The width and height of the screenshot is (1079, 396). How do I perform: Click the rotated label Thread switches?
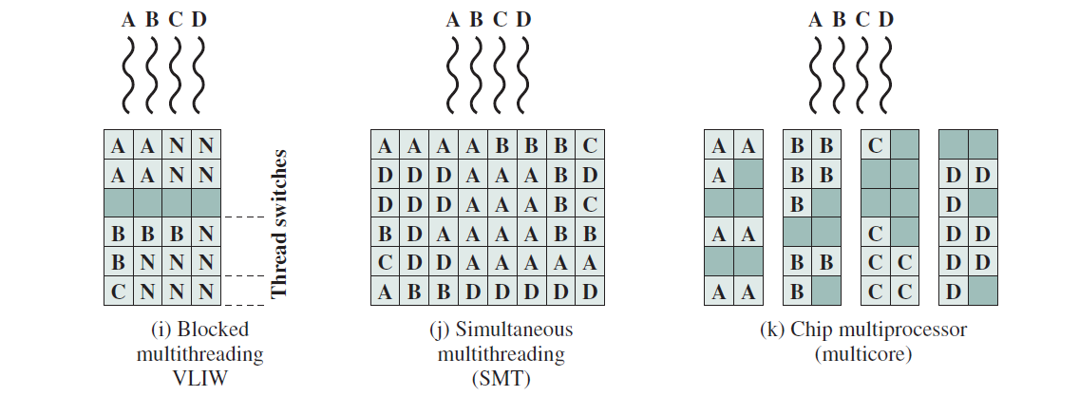(x=278, y=224)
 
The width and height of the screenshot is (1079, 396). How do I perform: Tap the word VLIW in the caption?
(x=200, y=377)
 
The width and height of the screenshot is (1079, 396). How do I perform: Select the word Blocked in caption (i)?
(x=213, y=330)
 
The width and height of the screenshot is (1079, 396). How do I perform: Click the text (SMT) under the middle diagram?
(x=501, y=378)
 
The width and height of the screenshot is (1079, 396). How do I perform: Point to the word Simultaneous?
(x=513, y=330)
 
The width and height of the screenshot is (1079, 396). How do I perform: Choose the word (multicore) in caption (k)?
(x=863, y=355)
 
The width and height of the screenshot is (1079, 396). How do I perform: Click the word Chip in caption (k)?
(x=809, y=330)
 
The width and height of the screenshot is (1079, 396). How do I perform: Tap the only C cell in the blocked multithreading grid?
(x=119, y=292)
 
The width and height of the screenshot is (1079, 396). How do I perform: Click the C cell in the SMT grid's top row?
(x=590, y=145)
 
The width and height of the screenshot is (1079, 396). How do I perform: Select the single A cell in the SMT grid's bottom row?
(x=386, y=292)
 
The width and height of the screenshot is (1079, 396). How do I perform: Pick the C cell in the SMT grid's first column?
(x=386, y=262)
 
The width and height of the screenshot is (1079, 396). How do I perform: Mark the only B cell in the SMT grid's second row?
(x=560, y=175)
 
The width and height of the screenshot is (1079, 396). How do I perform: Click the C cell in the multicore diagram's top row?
(x=876, y=145)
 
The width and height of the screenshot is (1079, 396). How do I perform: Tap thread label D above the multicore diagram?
(x=886, y=20)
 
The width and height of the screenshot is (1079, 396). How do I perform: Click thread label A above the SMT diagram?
(x=452, y=20)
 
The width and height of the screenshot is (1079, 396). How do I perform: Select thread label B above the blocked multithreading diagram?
(x=152, y=20)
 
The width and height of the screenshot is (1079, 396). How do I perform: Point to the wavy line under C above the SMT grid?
(x=501, y=75)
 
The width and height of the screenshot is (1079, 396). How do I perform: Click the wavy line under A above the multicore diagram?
(x=816, y=75)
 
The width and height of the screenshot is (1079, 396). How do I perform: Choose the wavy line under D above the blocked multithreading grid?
(x=199, y=75)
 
